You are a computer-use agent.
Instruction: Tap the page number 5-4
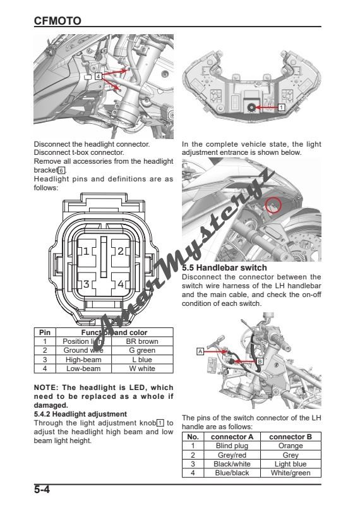coord(47,490)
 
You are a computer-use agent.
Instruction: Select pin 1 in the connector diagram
coord(86,251)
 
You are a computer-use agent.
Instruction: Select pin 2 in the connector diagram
coord(120,251)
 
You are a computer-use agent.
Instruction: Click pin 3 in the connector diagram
coord(86,284)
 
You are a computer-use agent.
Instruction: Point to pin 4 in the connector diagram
coord(120,284)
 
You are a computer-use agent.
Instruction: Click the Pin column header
coord(45,332)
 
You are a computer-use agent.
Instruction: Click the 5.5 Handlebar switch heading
coord(224,268)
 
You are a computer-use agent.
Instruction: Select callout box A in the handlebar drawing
coord(200,350)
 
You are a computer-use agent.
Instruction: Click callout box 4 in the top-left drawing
coord(98,76)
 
